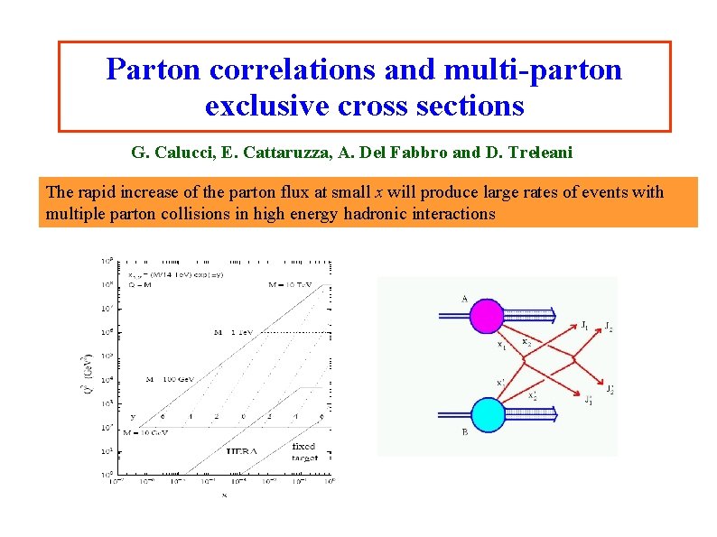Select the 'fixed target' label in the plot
click(x=304, y=451)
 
